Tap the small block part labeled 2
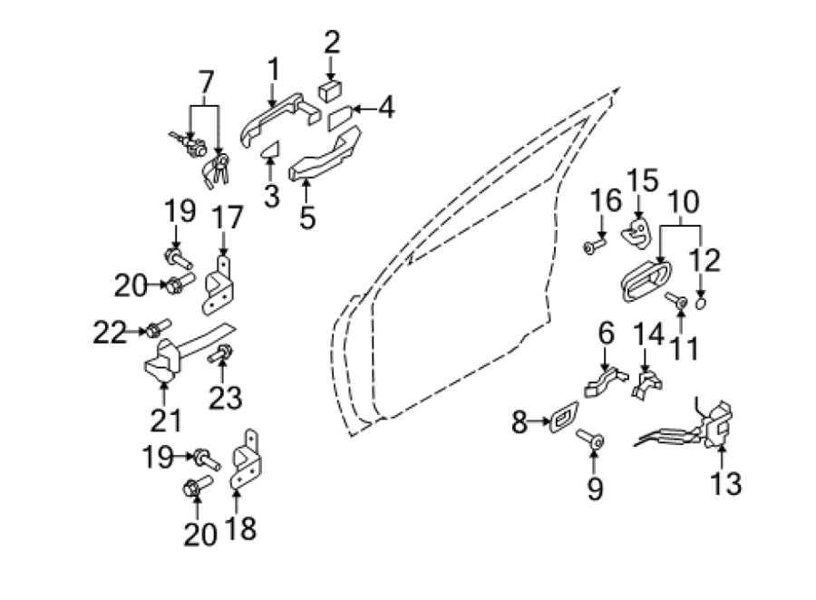pos(330,92)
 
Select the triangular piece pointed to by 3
pos(270,150)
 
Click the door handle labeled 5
pos(325,154)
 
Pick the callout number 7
pos(206,82)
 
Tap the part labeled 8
pos(563,416)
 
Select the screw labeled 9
pos(590,440)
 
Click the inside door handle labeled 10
pos(646,280)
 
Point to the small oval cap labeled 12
pos(701,303)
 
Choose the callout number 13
pos(725,483)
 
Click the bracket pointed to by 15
pos(636,233)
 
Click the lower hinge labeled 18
pos(246,460)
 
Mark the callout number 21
pos(166,421)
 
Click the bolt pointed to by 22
pos(158,327)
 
